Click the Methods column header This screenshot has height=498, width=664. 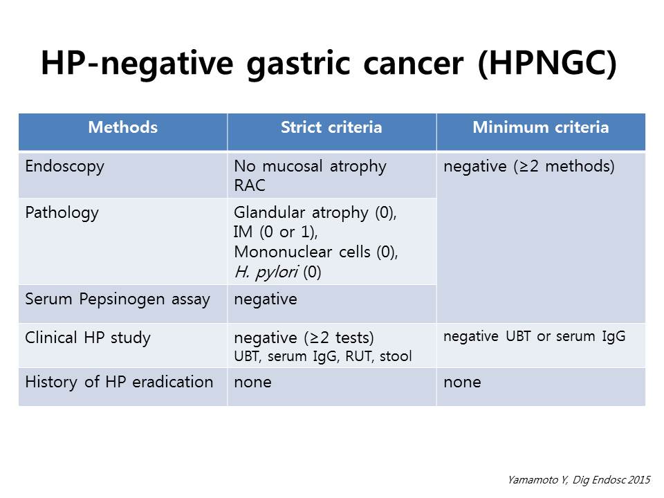coord(123,127)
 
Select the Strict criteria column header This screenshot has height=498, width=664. coord(331,127)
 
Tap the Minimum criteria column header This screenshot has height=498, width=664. coord(540,127)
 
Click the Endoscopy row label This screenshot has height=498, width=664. coord(64,167)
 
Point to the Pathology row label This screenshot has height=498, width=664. coord(62,213)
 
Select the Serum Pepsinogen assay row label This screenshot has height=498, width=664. coord(118,299)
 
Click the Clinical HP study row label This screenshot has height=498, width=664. coord(88,338)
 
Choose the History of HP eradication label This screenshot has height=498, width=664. coord(119,382)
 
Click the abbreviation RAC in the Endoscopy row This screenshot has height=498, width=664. coord(250,185)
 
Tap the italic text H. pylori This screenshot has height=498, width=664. coord(266,272)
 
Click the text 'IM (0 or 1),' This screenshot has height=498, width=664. coord(275,232)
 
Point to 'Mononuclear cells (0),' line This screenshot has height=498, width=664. coord(315,252)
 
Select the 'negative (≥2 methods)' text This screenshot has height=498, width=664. coord(529,167)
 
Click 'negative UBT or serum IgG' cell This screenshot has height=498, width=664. coord(534,336)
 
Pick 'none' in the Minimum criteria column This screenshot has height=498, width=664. coord(462,382)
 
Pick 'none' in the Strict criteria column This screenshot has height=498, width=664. coord(252,382)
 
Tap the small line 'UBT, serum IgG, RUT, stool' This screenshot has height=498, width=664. coord(323,357)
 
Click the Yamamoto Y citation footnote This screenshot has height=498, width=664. coord(578,480)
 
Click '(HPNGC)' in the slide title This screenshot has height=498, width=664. coord(547,64)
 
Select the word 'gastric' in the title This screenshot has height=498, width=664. coord(299,64)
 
